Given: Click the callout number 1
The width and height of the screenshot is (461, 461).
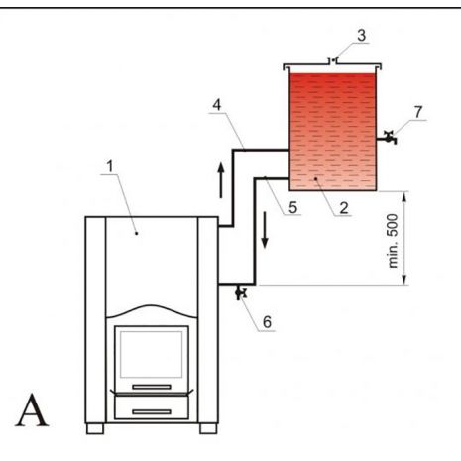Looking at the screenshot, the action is [110, 166].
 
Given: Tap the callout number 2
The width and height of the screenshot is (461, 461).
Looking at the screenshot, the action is [344, 208].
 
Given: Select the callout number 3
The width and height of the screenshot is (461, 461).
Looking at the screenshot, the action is [362, 35].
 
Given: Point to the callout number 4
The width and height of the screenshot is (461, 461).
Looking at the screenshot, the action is [217, 105].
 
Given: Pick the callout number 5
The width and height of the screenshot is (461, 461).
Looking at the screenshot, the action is [293, 207].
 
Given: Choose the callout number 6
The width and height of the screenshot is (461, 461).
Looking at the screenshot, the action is [267, 322].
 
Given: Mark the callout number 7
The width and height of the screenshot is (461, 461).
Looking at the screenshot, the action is [418, 112].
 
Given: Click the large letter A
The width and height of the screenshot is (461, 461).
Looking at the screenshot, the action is [32, 410].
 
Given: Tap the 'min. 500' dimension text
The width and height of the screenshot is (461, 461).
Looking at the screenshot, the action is [393, 241].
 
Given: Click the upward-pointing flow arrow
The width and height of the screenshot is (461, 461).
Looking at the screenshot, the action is [221, 180].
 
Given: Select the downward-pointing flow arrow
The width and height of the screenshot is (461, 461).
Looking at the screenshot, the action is [265, 230].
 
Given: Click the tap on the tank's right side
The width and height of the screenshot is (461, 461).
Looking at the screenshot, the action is [388, 138].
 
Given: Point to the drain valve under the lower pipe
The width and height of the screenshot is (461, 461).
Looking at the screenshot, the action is [241, 292].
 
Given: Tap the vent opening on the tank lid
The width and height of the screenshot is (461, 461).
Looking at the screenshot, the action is [334, 60].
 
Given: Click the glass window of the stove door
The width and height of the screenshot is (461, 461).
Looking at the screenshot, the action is [151, 354].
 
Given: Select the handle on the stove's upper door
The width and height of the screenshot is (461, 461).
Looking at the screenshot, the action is [152, 387].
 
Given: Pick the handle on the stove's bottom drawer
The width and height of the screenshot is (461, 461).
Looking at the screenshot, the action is [152, 411].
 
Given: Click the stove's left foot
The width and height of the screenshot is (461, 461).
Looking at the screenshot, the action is [95, 428].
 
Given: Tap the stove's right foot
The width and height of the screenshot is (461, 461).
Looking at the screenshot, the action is [208, 428].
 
